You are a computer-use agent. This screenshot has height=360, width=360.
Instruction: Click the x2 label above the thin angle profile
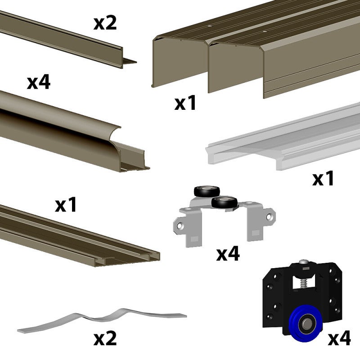105,23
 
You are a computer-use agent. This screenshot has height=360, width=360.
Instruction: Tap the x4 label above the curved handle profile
39,83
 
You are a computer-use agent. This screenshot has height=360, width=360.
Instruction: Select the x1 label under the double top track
185,103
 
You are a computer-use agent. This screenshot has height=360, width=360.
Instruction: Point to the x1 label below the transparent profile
323,178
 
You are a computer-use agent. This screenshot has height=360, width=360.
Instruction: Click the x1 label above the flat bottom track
66,205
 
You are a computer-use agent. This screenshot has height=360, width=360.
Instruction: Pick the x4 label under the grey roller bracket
228,254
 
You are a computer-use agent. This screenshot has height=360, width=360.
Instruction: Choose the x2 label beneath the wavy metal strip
105,338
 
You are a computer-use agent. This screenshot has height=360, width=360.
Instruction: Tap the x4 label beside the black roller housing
339,338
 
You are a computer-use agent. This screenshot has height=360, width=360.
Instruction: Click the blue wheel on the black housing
306,324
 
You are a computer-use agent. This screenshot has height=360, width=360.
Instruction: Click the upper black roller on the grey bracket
207,191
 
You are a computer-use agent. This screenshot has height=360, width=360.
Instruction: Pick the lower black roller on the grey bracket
224,202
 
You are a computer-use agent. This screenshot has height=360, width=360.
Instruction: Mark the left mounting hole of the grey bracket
181,226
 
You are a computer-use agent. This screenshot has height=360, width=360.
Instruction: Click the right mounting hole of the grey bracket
270,217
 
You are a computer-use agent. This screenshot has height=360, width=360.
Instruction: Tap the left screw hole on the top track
209,27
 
